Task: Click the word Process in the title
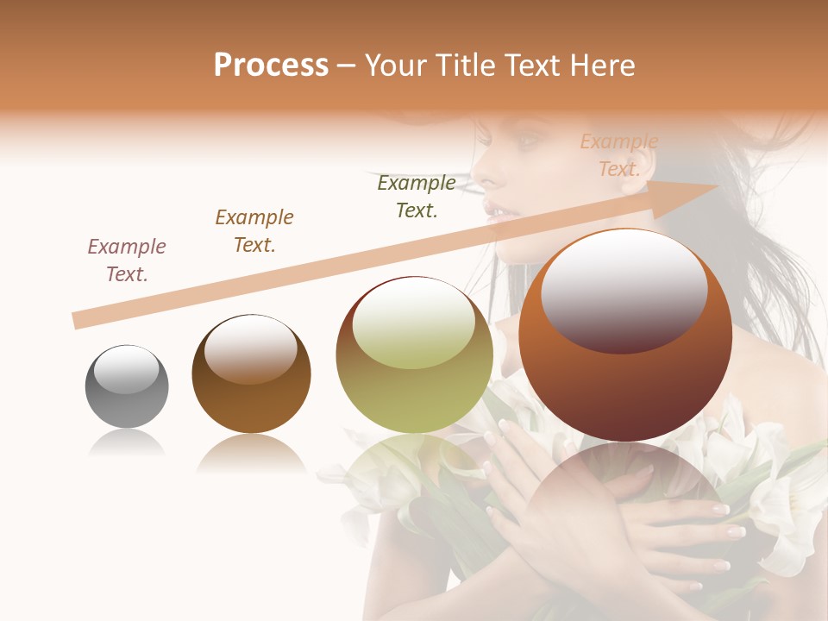271,66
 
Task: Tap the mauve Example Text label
127,260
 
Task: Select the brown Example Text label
254,231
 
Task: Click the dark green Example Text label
417,197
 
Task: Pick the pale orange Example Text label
619,155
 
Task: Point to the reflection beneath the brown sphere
251,454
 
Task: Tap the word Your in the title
398,66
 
